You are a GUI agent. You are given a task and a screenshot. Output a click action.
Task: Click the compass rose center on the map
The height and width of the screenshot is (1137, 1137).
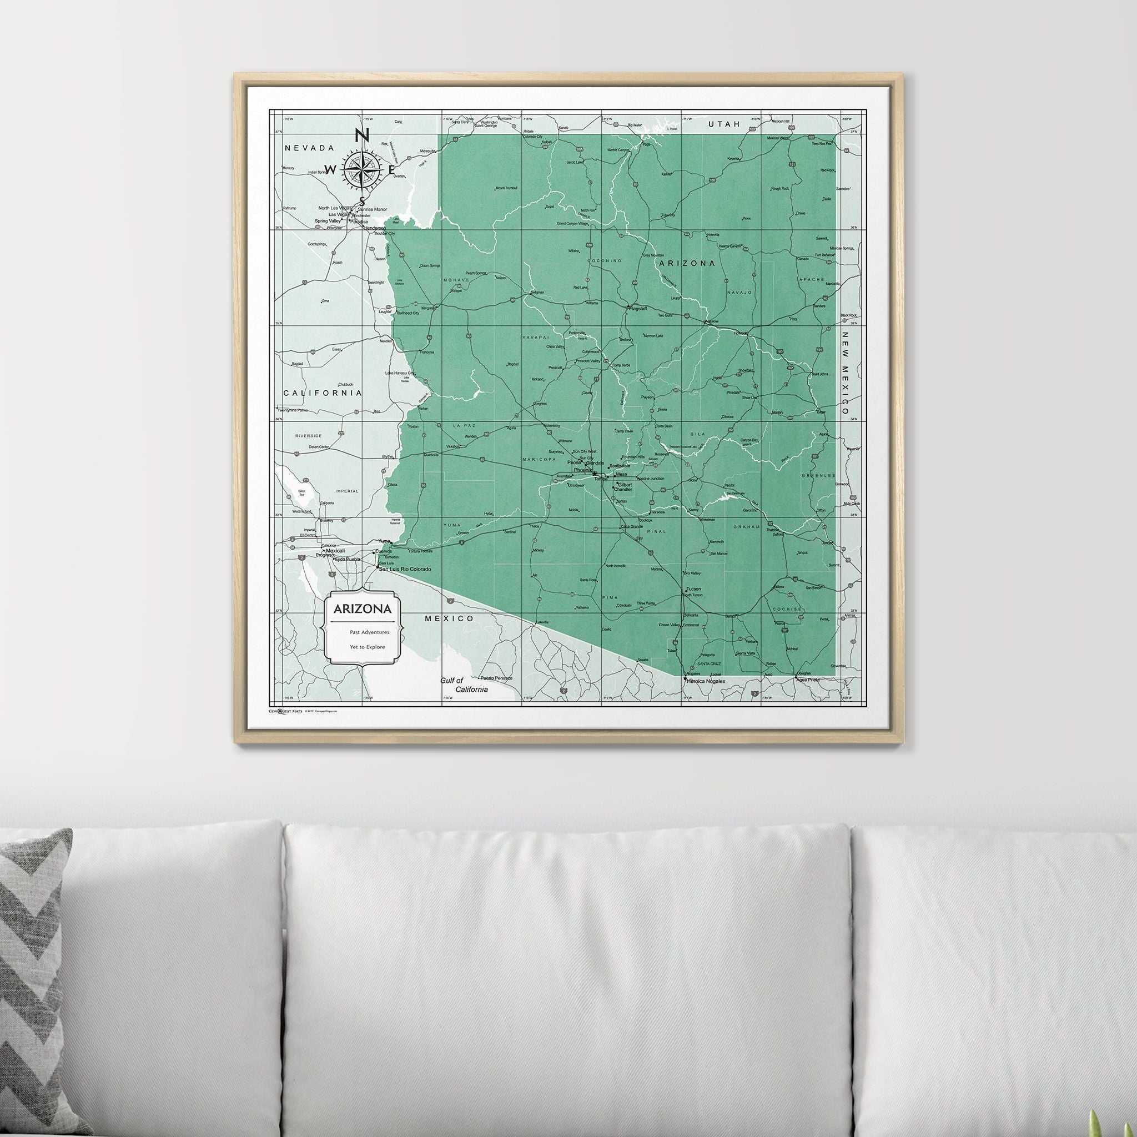point(361,169)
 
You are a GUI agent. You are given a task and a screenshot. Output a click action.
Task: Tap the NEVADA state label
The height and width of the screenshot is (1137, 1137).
point(309,148)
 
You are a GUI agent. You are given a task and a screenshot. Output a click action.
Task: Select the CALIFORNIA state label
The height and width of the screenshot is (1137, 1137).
point(323,393)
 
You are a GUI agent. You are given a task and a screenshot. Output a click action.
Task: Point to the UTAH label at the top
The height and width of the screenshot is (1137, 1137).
point(724,124)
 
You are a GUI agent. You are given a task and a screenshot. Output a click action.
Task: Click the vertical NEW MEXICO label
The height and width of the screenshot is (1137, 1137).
point(844,373)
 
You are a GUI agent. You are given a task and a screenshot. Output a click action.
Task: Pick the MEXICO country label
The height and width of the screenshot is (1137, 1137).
point(450,618)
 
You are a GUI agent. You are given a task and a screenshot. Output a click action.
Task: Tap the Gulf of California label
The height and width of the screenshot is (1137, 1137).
point(464,685)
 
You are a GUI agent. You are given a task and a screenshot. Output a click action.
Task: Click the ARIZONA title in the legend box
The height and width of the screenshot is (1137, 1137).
point(363,609)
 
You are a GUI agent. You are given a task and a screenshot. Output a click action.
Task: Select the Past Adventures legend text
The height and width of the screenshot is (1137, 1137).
point(369,632)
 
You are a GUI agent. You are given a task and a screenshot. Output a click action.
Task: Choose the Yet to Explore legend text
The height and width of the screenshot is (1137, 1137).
point(367,647)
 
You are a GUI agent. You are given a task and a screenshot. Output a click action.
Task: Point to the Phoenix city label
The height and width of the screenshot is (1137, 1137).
point(582,470)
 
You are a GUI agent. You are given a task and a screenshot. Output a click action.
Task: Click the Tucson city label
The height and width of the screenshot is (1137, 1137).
point(693,589)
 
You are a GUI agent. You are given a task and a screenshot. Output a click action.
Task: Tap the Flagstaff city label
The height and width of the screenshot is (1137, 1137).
point(638,308)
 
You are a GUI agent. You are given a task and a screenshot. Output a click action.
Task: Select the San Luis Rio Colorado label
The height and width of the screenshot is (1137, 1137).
point(405,569)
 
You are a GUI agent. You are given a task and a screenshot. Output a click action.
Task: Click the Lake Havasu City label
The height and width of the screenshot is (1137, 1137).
point(400,373)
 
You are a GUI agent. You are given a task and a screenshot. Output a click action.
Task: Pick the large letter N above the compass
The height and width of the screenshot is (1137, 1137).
point(362,137)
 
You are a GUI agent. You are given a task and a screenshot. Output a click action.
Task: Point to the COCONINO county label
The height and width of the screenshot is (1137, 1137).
point(604,260)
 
